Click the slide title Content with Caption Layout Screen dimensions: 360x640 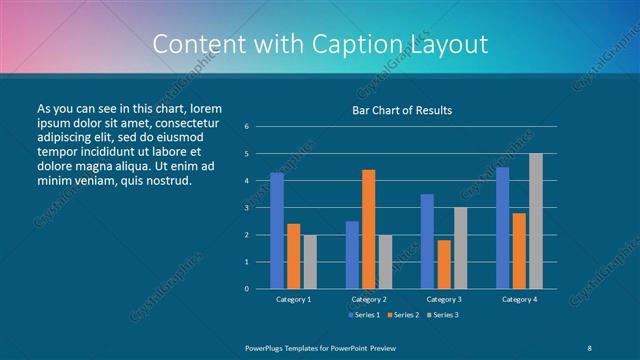click(320, 45)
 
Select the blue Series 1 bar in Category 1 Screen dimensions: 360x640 click(277, 230)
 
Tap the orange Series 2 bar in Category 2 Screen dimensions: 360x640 click(369, 229)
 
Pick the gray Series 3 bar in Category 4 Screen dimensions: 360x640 click(536, 221)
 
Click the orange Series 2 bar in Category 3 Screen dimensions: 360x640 click(444, 264)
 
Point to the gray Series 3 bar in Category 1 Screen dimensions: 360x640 click(310, 261)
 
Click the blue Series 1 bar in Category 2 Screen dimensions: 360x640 click(352, 254)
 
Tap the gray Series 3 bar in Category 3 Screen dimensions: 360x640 click(460, 248)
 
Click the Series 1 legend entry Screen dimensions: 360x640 click(364, 315)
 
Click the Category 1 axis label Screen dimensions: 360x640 click(293, 299)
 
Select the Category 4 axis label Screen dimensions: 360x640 click(518, 299)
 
